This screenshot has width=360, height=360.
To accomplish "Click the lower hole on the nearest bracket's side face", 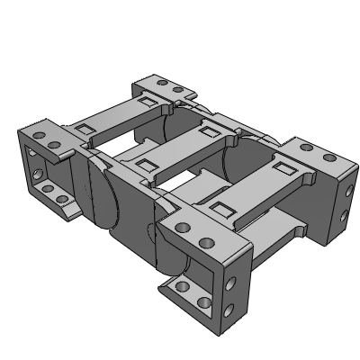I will [x=231, y=311].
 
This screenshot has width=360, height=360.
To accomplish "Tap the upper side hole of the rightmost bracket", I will [x=346, y=190].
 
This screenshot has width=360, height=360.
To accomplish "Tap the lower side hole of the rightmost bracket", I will [x=346, y=214].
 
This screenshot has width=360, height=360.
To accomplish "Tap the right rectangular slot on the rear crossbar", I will [x=147, y=103].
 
